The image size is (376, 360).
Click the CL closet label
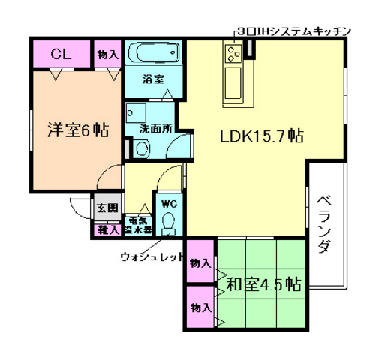point(62,54)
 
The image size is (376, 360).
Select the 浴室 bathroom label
point(153,77)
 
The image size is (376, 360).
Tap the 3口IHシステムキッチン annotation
point(293,31)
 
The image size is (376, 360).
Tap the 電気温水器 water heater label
point(137,224)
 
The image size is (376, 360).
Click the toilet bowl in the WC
point(167,222)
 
